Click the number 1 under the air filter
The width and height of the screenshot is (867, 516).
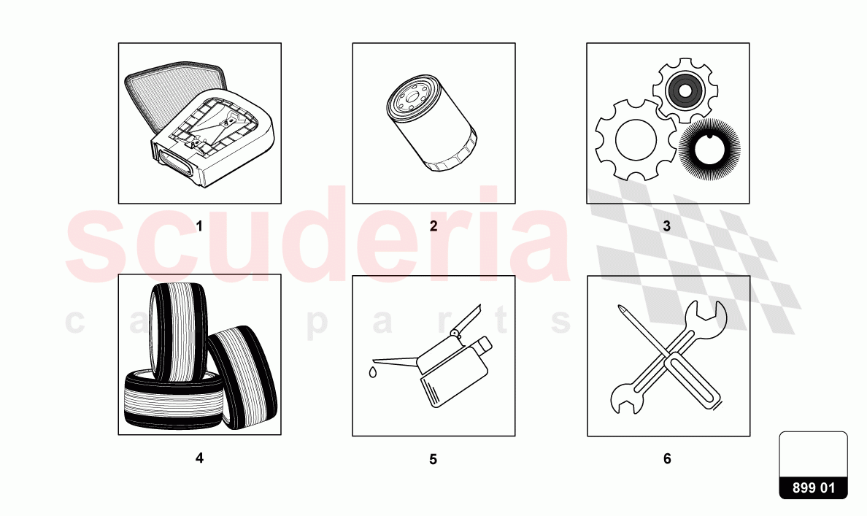click(x=199, y=226)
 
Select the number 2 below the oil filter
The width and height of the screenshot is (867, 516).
click(x=433, y=226)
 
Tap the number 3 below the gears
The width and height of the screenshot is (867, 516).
click(x=666, y=226)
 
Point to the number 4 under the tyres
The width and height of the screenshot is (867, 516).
click(x=199, y=458)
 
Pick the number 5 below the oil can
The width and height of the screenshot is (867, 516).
click(x=433, y=460)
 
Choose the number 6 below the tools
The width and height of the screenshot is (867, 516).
click(x=667, y=459)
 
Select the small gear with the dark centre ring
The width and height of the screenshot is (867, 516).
click(x=685, y=91)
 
